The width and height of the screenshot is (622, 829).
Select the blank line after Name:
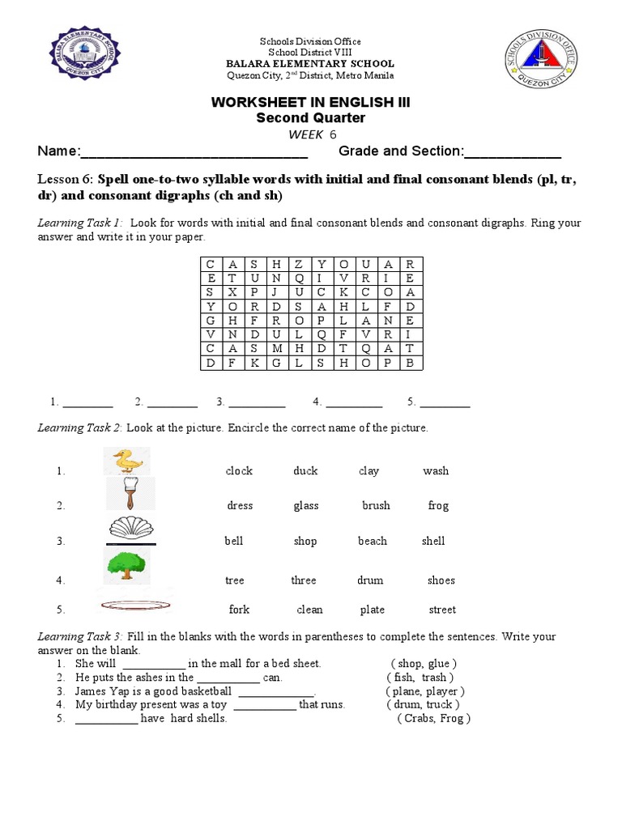point(194,153)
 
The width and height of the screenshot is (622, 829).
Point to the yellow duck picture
point(126,461)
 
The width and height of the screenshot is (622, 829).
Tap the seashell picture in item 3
point(131,529)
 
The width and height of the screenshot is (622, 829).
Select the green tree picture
point(126,564)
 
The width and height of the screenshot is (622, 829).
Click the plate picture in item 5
point(132,603)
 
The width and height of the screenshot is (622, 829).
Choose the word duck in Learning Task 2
point(305,471)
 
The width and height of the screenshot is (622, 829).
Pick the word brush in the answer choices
point(376,506)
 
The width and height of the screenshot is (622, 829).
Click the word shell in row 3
point(433,542)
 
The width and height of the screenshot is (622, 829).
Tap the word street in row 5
point(442,610)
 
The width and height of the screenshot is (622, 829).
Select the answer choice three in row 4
point(304,580)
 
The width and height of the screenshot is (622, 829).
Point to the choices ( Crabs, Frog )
point(433,719)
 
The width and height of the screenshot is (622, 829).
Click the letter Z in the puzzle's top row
point(298,264)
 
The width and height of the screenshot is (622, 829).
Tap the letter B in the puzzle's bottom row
point(410,363)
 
